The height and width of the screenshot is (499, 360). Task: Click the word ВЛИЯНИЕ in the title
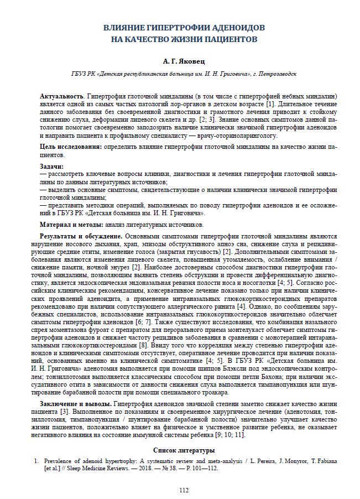pyautogui.click(x=124, y=28)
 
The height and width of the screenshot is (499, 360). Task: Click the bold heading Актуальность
pyautogui.click(x=62, y=96)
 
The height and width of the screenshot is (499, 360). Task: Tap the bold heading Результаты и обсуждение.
pyautogui.click(x=80, y=236)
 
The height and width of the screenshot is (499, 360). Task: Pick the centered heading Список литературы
pyautogui.click(x=180, y=450)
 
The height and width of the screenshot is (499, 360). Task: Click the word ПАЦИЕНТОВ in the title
pyautogui.click(x=228, y=40)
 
